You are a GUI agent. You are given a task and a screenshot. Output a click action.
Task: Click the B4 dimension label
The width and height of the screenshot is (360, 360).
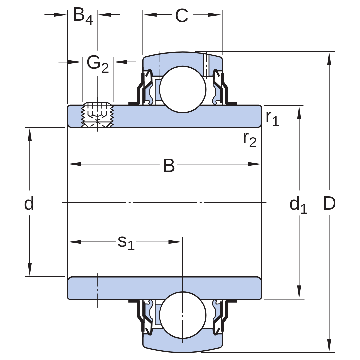(83, 16)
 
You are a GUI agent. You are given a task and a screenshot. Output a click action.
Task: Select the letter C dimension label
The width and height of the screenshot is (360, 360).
(182, 16)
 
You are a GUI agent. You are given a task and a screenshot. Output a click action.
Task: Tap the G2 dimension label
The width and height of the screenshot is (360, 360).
(98, 64)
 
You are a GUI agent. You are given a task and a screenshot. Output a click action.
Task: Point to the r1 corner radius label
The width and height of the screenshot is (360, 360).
(272, 118)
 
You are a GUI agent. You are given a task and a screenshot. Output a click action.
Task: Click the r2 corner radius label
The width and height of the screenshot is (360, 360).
(250, 139)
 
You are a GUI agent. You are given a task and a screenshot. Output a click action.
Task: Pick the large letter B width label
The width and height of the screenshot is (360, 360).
(169, 165)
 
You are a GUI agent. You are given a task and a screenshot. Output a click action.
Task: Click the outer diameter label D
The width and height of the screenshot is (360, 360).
(329, 203)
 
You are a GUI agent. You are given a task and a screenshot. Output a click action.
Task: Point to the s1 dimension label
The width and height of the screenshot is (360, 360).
(126, 243)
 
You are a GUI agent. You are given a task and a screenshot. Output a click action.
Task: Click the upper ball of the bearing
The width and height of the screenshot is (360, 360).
(183, 89)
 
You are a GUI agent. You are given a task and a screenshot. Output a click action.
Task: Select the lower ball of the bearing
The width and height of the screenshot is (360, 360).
(183, 315)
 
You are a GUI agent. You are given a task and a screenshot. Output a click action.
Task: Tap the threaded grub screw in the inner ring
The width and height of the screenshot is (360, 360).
(97, 115)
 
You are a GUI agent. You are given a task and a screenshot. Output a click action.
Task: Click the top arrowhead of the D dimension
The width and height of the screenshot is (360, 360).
(329, 59)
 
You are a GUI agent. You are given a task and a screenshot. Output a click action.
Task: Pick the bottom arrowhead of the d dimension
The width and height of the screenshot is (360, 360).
(30, 269)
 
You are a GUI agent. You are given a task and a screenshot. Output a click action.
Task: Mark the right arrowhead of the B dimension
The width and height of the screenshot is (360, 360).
(255, 164)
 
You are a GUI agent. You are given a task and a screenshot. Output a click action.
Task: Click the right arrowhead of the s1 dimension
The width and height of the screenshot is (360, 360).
(175, 242)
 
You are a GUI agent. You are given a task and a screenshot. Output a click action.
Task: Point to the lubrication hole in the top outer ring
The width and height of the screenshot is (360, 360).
(206, 65)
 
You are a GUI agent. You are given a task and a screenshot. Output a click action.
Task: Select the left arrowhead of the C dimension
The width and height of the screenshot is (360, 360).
(150, 15)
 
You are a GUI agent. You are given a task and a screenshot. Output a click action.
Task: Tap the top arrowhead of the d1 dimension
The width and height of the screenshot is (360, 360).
(299, 113)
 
